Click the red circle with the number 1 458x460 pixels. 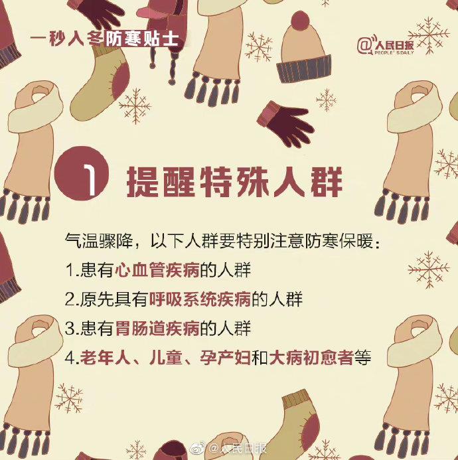(82, 173)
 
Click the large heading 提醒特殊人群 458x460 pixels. (234, 182)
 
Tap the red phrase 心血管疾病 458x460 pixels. (157, 270)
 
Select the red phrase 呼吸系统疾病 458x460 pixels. (200, 299)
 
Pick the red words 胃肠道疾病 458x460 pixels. (157, 329)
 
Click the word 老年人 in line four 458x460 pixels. (106, 357)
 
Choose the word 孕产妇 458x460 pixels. (225, 357)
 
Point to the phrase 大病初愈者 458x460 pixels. (311, 357)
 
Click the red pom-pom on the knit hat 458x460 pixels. (300, 21)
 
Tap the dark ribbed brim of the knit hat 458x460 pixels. (303, 68)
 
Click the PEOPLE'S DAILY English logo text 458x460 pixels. (394, 52)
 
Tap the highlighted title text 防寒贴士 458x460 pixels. (142, 38)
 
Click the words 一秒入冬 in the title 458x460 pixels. (66, 38)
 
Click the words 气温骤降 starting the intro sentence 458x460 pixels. (99, 241)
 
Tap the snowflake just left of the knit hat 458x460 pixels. (259, 47)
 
